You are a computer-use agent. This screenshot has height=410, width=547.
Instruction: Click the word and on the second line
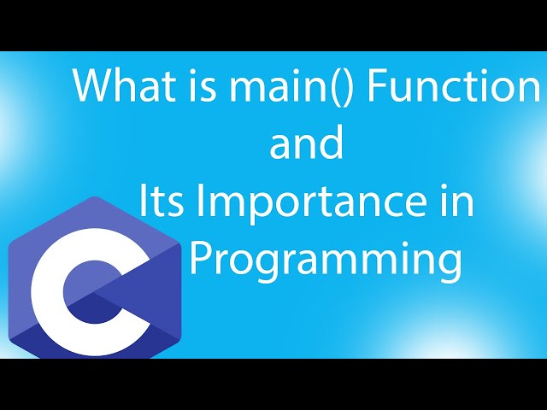(x=307, y=145)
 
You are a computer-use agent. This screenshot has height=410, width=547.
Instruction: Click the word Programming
(x=326, y=261)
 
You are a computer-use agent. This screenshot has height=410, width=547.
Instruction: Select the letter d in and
(x=332, y=144)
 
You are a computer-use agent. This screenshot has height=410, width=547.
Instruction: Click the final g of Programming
(x=449, y=265)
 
